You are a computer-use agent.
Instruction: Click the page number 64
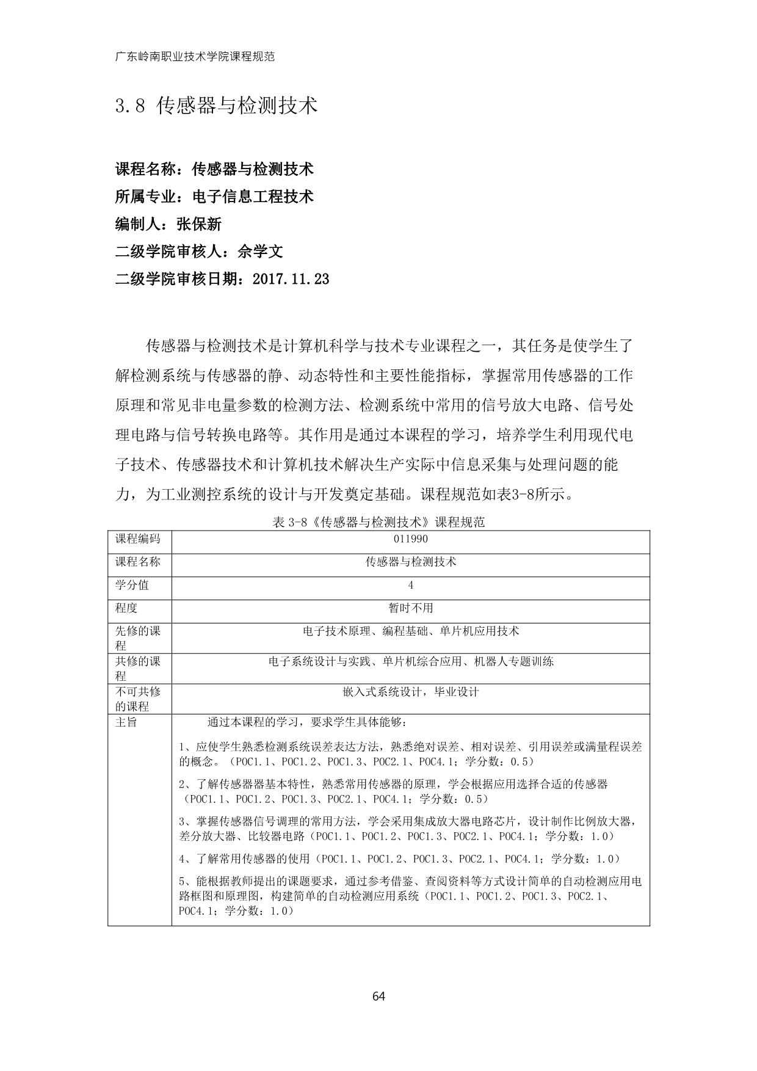click(378, 997)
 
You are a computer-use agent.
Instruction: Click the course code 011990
click(411, 539)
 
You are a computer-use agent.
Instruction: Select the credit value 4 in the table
click(411, 585)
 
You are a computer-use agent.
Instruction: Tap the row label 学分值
click(132, 585)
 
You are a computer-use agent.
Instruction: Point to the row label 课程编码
click(138, 539)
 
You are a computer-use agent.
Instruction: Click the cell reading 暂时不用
click(411, 608)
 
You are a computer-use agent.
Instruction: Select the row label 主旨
click(126, 722)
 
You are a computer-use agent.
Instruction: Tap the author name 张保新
click(198, 224)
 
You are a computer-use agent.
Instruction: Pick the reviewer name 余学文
click(260, 252)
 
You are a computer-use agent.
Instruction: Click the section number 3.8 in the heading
click(130, 106)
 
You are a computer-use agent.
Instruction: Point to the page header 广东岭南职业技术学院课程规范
click(195, 57)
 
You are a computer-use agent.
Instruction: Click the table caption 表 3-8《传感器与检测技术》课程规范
click(378, 522)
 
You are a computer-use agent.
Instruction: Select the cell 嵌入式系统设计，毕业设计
click(411, 692)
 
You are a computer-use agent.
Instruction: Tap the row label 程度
click(126, 608)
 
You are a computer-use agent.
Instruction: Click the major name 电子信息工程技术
click(253, 197)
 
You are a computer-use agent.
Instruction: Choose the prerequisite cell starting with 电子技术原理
click(411, 631)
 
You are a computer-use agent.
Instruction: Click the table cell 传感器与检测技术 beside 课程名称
click(411, 562)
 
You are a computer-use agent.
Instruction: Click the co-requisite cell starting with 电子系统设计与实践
click(411, 661)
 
